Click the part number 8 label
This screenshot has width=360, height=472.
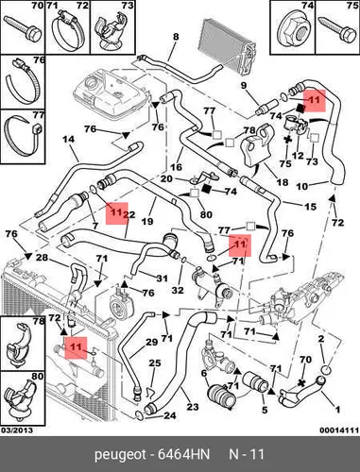(176, 37)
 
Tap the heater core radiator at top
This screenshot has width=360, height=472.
(227, 46)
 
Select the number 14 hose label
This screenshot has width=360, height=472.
(69, 139)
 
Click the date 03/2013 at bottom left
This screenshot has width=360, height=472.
(17, 430)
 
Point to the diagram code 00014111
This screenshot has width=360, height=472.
(339, 430)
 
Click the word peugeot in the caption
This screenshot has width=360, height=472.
(120, 455)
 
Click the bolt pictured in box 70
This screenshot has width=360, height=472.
(23, 28)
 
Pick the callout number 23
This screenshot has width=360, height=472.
(193, 407)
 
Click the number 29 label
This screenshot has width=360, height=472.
(151, 342)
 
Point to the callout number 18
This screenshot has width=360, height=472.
(283, 182)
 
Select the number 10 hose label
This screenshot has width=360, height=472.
(302, 186)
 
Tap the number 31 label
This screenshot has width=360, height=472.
(162, 278)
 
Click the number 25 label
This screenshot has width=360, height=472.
(155, 363)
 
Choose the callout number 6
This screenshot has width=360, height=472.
(204, 373)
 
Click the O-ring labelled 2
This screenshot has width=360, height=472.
(327, 370)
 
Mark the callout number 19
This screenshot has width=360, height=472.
(147, 221)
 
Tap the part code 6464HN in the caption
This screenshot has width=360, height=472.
(184, 455)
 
